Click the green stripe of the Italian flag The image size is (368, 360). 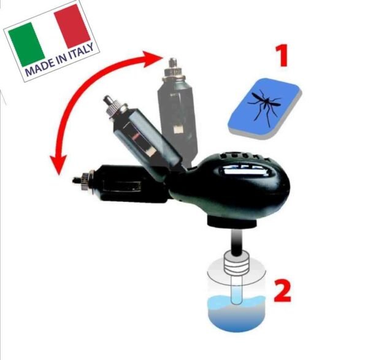point(26,45)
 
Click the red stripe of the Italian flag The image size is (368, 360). point(72,26)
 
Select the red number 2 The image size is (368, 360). point(283,290)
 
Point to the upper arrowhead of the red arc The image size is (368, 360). point(153,59)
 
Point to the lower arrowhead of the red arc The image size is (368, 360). point(58,165)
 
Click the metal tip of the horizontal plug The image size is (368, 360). point(75,180)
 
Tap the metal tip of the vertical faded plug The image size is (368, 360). point(173,61)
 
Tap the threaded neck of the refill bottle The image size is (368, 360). point(236,263)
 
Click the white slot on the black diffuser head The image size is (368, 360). point(244,170)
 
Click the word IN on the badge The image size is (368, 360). point(61,59)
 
